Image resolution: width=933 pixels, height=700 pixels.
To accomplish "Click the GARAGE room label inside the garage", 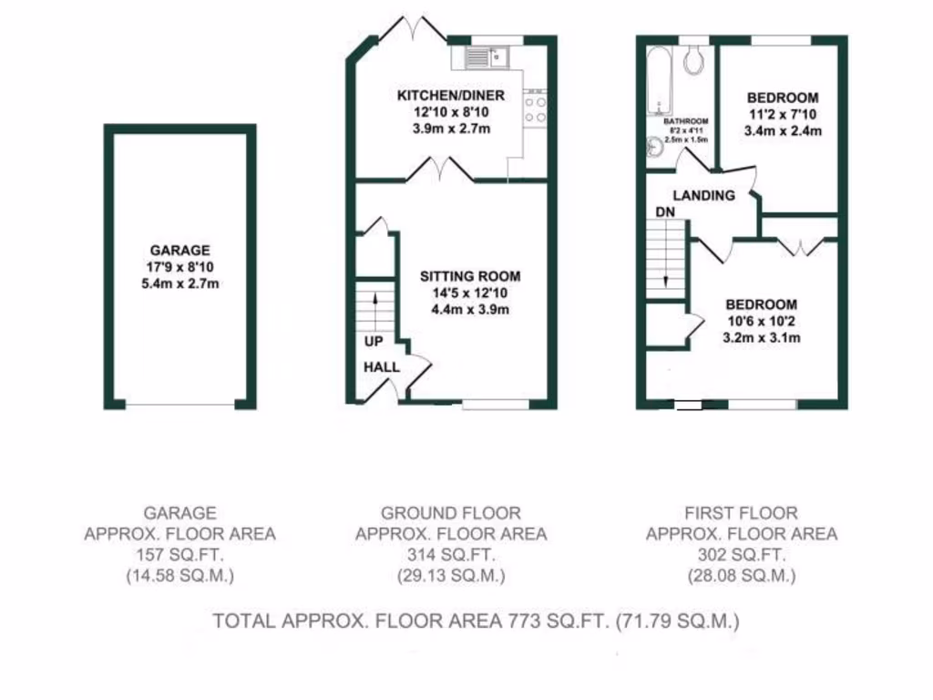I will pyautogui.click(x=180, y=250).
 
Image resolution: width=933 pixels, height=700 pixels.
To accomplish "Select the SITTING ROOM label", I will pyautogui.click(x=469, y=276).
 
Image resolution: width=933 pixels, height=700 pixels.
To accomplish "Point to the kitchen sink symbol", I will pyautogui.click(x=480, y=57).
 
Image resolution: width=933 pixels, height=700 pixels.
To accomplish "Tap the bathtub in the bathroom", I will pyautogui.click(x=659, y=82).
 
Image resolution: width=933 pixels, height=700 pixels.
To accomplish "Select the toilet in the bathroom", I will pyautogui.click(x=695, y=59).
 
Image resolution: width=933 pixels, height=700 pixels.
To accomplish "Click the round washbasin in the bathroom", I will pyautogui.click(x=655, y=146).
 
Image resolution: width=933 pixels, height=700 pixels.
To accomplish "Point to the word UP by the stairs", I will pyautogui.click(x=374, y=342).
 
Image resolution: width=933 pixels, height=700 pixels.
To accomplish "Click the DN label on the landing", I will pyautogui.click(x=665, y=213).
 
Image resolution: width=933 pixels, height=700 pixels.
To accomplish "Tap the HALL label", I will pyautogui.click(x=381, y=365).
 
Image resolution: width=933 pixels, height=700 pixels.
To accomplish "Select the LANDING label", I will pyautogui.click(x=703, y=195).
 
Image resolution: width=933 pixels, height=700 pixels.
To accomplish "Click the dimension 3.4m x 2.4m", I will pyautogui.click(x=783, y=130).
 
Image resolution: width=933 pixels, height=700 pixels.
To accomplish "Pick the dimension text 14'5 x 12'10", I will pyautogui.click(x=469, y=293).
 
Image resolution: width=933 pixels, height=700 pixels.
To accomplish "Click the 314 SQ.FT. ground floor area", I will pyautogui.click(x=450, y=555).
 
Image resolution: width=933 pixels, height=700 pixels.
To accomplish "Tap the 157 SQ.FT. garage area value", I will pyautogui.click(x=179, y=555).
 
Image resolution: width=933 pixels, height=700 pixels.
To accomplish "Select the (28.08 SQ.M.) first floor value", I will pyautogui.click(x=741, y=576).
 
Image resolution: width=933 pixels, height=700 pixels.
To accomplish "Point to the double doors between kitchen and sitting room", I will pyautogui.click(x=442, y=169).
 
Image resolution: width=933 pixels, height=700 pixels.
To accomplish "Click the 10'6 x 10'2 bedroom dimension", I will pyautogui.click(x=761, y=321).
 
